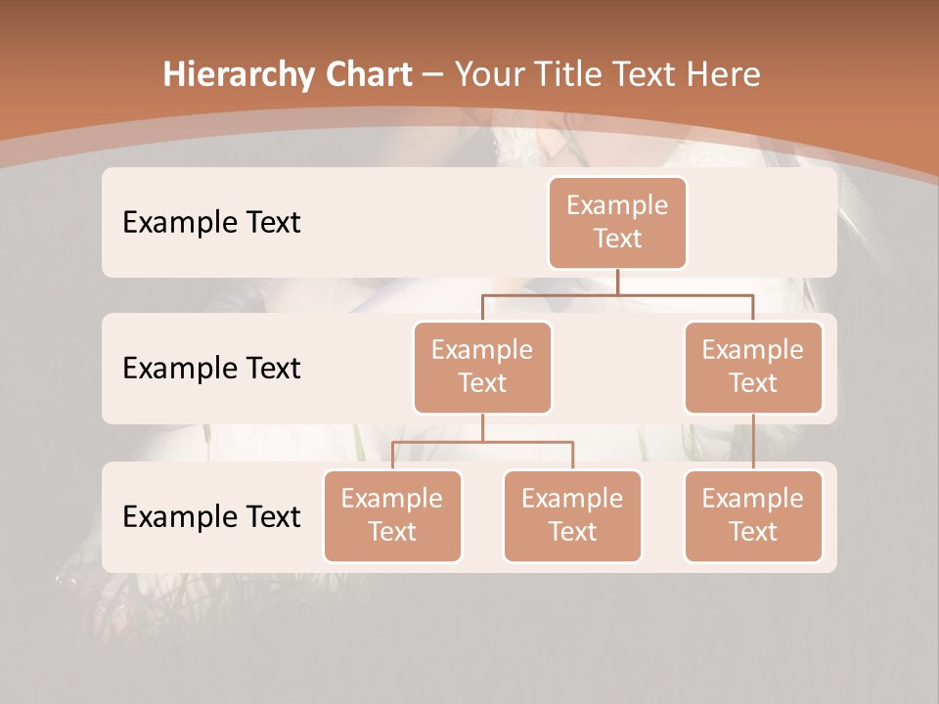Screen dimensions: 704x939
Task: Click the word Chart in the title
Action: tap(368, 75)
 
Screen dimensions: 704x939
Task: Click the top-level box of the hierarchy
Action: tap(617, 223)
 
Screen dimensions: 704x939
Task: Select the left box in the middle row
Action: tap(482, 368)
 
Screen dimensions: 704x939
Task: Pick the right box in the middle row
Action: tap(753, 368)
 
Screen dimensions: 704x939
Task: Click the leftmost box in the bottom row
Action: tap(392, 516)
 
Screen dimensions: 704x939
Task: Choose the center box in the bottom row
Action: tap(572, 516)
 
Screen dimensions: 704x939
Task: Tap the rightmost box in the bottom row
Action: tap(753, 516)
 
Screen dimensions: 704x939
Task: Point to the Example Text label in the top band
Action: tap(211, 223)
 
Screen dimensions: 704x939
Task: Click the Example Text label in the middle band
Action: tap(211, 369)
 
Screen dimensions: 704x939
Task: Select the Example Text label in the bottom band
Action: tap(211, 516)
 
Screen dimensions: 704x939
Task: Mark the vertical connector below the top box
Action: tap(617, 282)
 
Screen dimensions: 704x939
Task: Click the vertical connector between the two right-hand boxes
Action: tap(753, 442)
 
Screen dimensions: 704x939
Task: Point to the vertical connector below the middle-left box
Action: tap(482, 427)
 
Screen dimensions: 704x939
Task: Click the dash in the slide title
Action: tap(433, 75)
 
